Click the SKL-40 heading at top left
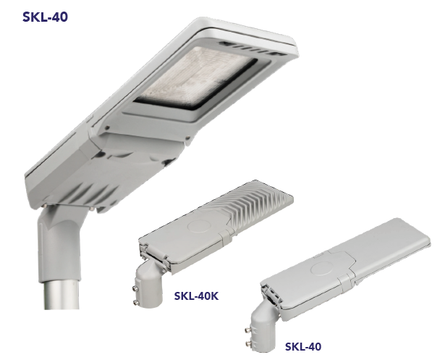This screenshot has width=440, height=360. click(x=45, y=17)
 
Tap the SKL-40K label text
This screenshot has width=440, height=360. click(x=196, y=296)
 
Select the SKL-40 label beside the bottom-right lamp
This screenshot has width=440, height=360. click(x=303, y=346)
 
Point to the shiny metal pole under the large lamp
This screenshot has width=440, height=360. click(x=62, y=294)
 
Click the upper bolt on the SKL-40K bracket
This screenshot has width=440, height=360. click(x=135, y=288)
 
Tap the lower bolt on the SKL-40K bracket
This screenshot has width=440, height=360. click(x=136, y=303)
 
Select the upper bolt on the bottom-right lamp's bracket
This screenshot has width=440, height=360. click(x=248, y=330)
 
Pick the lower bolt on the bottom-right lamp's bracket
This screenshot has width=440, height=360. click(x=248, y=344)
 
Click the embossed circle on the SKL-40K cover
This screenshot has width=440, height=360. click(x=199, y=225)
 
